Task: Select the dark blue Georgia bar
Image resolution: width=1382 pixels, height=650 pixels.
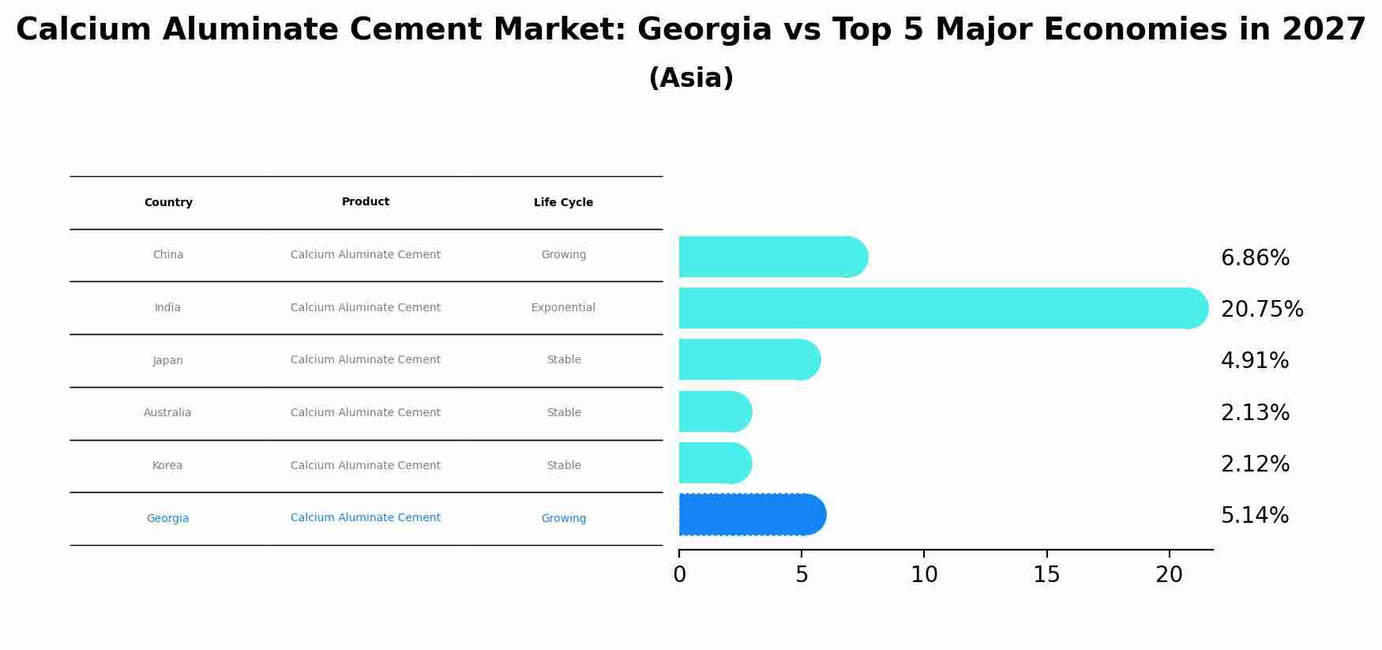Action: tap(750, 515)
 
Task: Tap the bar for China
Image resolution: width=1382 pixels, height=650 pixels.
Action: tap(770, 257)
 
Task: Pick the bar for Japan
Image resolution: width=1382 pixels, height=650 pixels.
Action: tap(746, 359)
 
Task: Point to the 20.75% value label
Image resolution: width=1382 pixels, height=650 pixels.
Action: tap(1261, 310)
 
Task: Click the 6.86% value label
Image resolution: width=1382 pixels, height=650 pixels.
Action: tap(1254, 258)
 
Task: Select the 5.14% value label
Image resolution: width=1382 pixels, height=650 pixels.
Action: tap(1254, 516)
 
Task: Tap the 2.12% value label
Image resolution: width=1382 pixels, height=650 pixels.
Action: tap(1254, 464)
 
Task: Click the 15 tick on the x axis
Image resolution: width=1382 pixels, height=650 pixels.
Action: tap(1046, 575)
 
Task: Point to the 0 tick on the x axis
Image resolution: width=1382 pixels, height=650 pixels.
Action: tap(679, 575)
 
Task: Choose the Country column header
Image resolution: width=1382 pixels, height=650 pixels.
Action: tap(168, 203)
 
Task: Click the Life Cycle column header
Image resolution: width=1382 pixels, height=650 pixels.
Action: tap(563, 203)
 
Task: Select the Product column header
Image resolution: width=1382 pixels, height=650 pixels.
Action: tap(366, 202)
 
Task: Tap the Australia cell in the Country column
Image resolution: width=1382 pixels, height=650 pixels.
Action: tap(167, 413)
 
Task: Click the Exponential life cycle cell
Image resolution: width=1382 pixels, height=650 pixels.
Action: tap(563, 308)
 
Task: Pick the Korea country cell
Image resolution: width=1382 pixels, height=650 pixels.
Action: tap(167, 466)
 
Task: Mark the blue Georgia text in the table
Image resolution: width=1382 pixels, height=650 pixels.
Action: tap(167, 519)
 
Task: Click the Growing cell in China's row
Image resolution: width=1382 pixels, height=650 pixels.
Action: tap(563, 255)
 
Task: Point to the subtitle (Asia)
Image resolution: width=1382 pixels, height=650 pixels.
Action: tap(691, 78)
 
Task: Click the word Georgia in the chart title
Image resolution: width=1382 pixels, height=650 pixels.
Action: tap(704, 30)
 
